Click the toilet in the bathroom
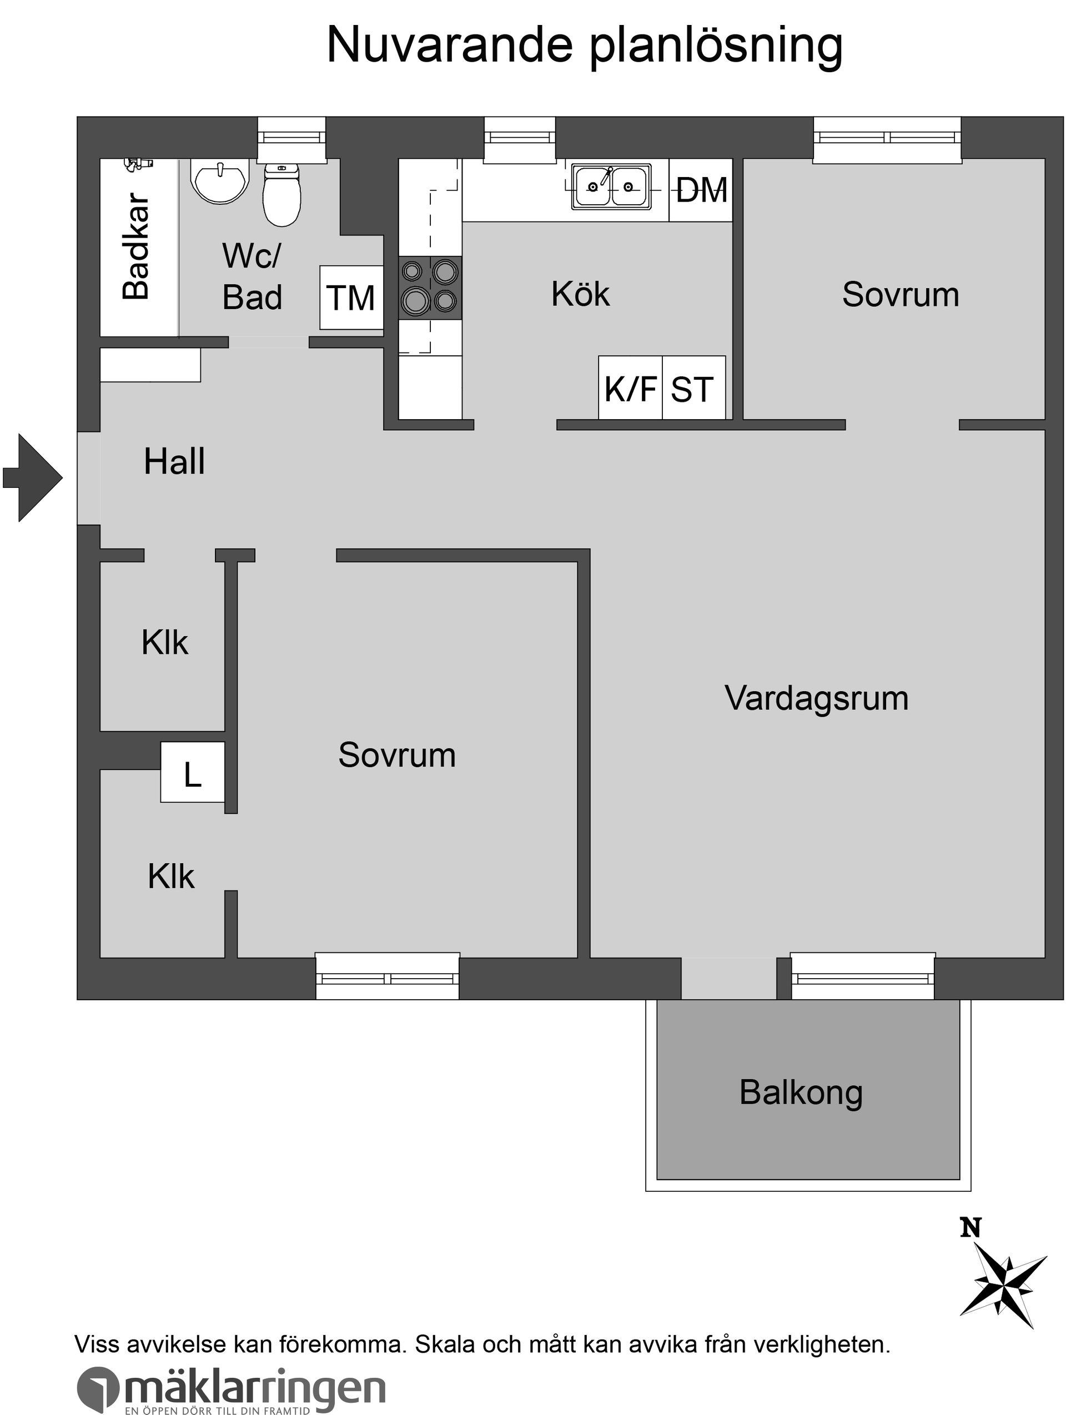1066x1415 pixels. pyautogui.click(x=281, y=195)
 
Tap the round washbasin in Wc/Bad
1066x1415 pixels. pyautogui.click(x=219, y=180)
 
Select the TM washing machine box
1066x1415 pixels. pyautogui.click(x=351, y=298)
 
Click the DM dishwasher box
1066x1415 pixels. pyautogui.click(x=701, y=190)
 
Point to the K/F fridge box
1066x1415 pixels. pyautogui.click(x=630, y=388)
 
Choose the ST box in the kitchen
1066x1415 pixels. pyautogui.click(x=693, y=388)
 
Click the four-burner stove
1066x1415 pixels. pyautogui.click(x=430, y=288)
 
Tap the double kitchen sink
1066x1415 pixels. pyautogui.click(x=611, y=186)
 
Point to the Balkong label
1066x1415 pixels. pyautogui.click(x=801, y=1092)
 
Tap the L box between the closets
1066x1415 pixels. pyautogui.click(x=192, y=772)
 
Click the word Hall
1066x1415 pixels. pyautogui.click(x=174, y=462)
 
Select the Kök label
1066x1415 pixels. pyautogui.click(x=580, y=294)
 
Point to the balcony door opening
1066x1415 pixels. pyautogui.click(x=728, y=978)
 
